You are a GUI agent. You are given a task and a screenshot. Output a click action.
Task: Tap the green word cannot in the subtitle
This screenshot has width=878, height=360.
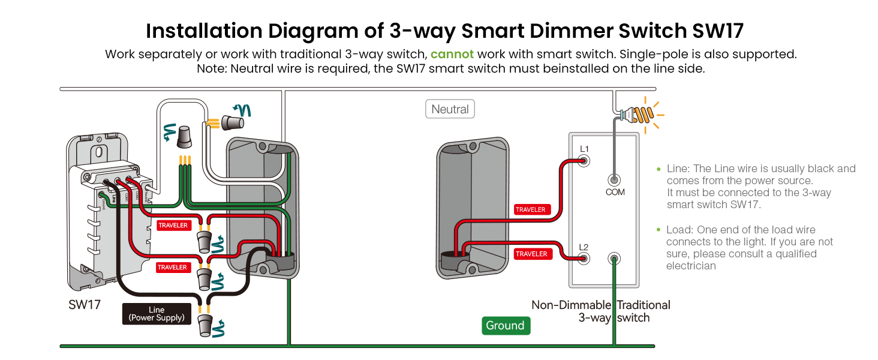pyautogui.click(x=452, y=54)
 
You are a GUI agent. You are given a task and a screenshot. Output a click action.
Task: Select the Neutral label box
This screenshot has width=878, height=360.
pyautogui.click(x=450, y=109)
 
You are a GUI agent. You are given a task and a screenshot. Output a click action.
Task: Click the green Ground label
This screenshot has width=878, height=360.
pyautogui.click(x=505, y=325)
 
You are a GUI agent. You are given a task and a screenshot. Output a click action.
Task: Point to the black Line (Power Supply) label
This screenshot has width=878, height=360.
pyautogui.click(x=157, y=314)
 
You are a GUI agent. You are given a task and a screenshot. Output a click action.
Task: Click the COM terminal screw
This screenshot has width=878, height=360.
pyautogui.click(x=614, y=179)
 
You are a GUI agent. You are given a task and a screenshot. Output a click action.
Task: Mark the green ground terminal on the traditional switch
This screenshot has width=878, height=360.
pyautogui.click(x=614, y=259)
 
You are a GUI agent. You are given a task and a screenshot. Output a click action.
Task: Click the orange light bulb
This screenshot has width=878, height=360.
pyautogui.click(x=642, y=113)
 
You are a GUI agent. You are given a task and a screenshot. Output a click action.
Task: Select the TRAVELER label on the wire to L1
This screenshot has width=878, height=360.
pyautogui.click(x=531, y=209)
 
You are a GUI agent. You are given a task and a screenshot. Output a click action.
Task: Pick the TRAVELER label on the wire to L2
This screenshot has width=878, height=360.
pyautogui.click(x=531, y=254)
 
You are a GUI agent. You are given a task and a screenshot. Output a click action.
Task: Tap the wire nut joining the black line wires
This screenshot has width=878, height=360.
pyautogui.click(x=205, y=325)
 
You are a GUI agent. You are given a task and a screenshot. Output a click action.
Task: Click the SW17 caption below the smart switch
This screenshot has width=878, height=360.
pyautogui.click(x=85, y=305)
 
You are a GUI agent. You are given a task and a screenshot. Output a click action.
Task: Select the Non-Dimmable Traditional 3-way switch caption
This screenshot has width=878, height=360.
pyautogui.click(x=601, y=311)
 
